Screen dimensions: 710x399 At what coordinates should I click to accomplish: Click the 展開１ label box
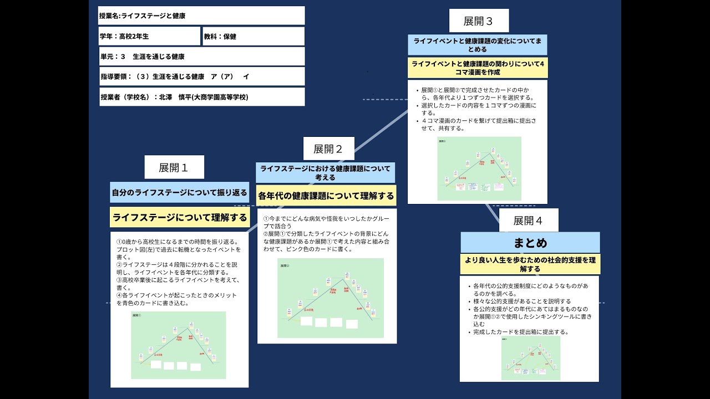pos(174,167)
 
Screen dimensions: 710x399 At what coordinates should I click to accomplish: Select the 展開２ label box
pos(328,149)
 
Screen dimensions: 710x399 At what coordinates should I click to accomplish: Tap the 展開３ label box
pos(479,21)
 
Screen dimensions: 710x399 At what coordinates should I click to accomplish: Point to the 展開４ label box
pos(528,221)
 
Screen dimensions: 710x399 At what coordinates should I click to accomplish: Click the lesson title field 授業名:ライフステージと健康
pos(201,16)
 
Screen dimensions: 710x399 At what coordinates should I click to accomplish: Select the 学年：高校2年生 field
pos(149,36)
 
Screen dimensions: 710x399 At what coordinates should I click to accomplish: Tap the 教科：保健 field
pos(253,36)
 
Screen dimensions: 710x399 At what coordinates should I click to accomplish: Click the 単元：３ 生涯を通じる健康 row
pos(201,57)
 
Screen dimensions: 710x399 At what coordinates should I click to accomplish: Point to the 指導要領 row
pos(201,76)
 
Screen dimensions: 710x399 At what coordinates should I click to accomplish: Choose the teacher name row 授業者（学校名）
pos(201,97)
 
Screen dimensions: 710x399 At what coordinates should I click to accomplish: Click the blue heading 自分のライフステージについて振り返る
pos(180,193)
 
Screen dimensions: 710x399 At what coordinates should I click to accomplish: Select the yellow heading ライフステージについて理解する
pos(180,217)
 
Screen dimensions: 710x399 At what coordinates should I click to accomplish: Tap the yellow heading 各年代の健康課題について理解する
pos(326,196)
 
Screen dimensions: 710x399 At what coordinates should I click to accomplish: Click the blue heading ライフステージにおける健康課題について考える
pos(326,172)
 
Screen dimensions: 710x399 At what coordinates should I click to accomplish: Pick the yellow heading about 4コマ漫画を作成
pos(478,68)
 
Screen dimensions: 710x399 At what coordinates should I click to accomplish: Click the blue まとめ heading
pos(530,243)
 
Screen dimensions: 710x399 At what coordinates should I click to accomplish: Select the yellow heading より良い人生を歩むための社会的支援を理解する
pos(530,264)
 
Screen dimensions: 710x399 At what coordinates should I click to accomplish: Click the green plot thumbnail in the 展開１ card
pos(179,345)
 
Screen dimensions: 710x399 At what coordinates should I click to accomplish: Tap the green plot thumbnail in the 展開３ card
pos(479,168)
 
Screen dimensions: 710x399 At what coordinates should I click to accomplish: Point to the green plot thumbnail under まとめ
pos(530,357)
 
